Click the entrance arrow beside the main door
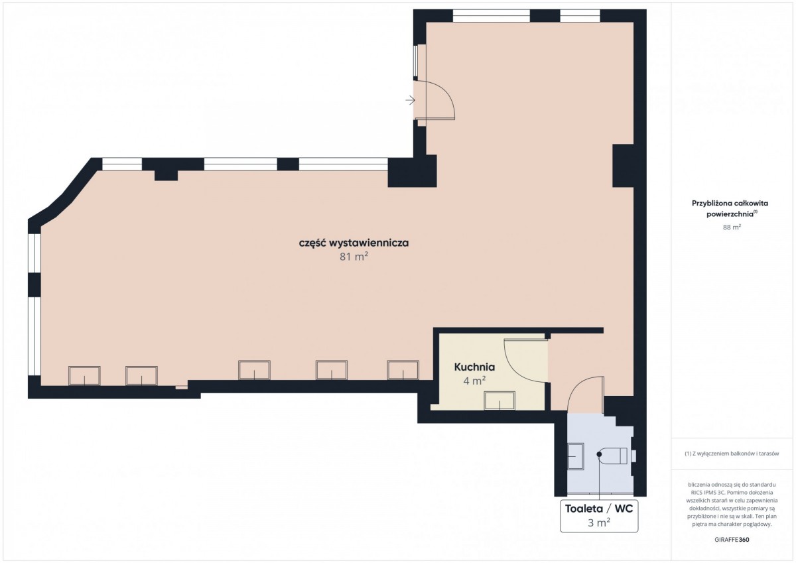point(411,101)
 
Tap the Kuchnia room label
point(474,367)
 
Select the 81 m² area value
point(354,257)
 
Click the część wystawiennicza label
point(354,243)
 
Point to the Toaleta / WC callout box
point(599,516)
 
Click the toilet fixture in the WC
point(612,456)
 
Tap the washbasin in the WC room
point(576,456)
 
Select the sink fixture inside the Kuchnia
point(499,401)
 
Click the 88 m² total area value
point(732,227)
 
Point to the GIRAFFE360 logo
point(732,540)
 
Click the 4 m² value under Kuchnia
point(474,381)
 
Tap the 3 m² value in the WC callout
point(599,523)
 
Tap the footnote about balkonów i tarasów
point(732,454)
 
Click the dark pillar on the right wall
point(623,166)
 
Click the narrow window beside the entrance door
point(415,61)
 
